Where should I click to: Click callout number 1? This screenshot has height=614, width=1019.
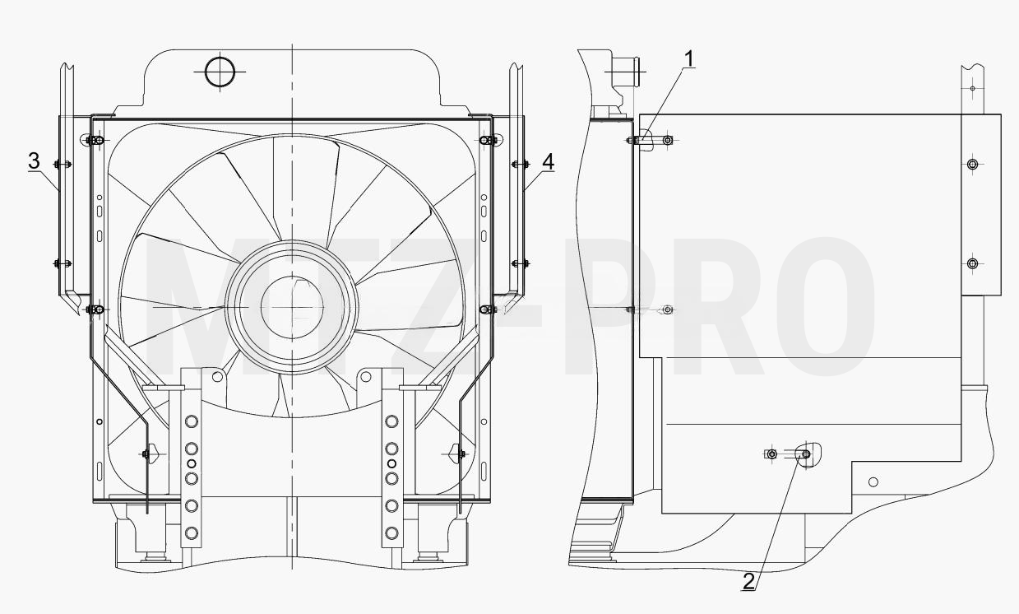690,59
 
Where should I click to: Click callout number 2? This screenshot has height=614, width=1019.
748,581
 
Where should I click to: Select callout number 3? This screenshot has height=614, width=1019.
34,161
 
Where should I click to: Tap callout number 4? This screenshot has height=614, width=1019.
549,161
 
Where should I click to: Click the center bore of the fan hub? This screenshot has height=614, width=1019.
292,308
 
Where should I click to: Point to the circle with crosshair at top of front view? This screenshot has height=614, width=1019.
220,72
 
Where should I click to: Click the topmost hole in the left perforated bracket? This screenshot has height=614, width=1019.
192,421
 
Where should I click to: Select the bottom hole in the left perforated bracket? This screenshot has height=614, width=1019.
192,533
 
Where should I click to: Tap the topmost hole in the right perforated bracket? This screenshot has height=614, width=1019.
391,421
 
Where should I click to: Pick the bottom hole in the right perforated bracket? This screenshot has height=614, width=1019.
391,533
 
